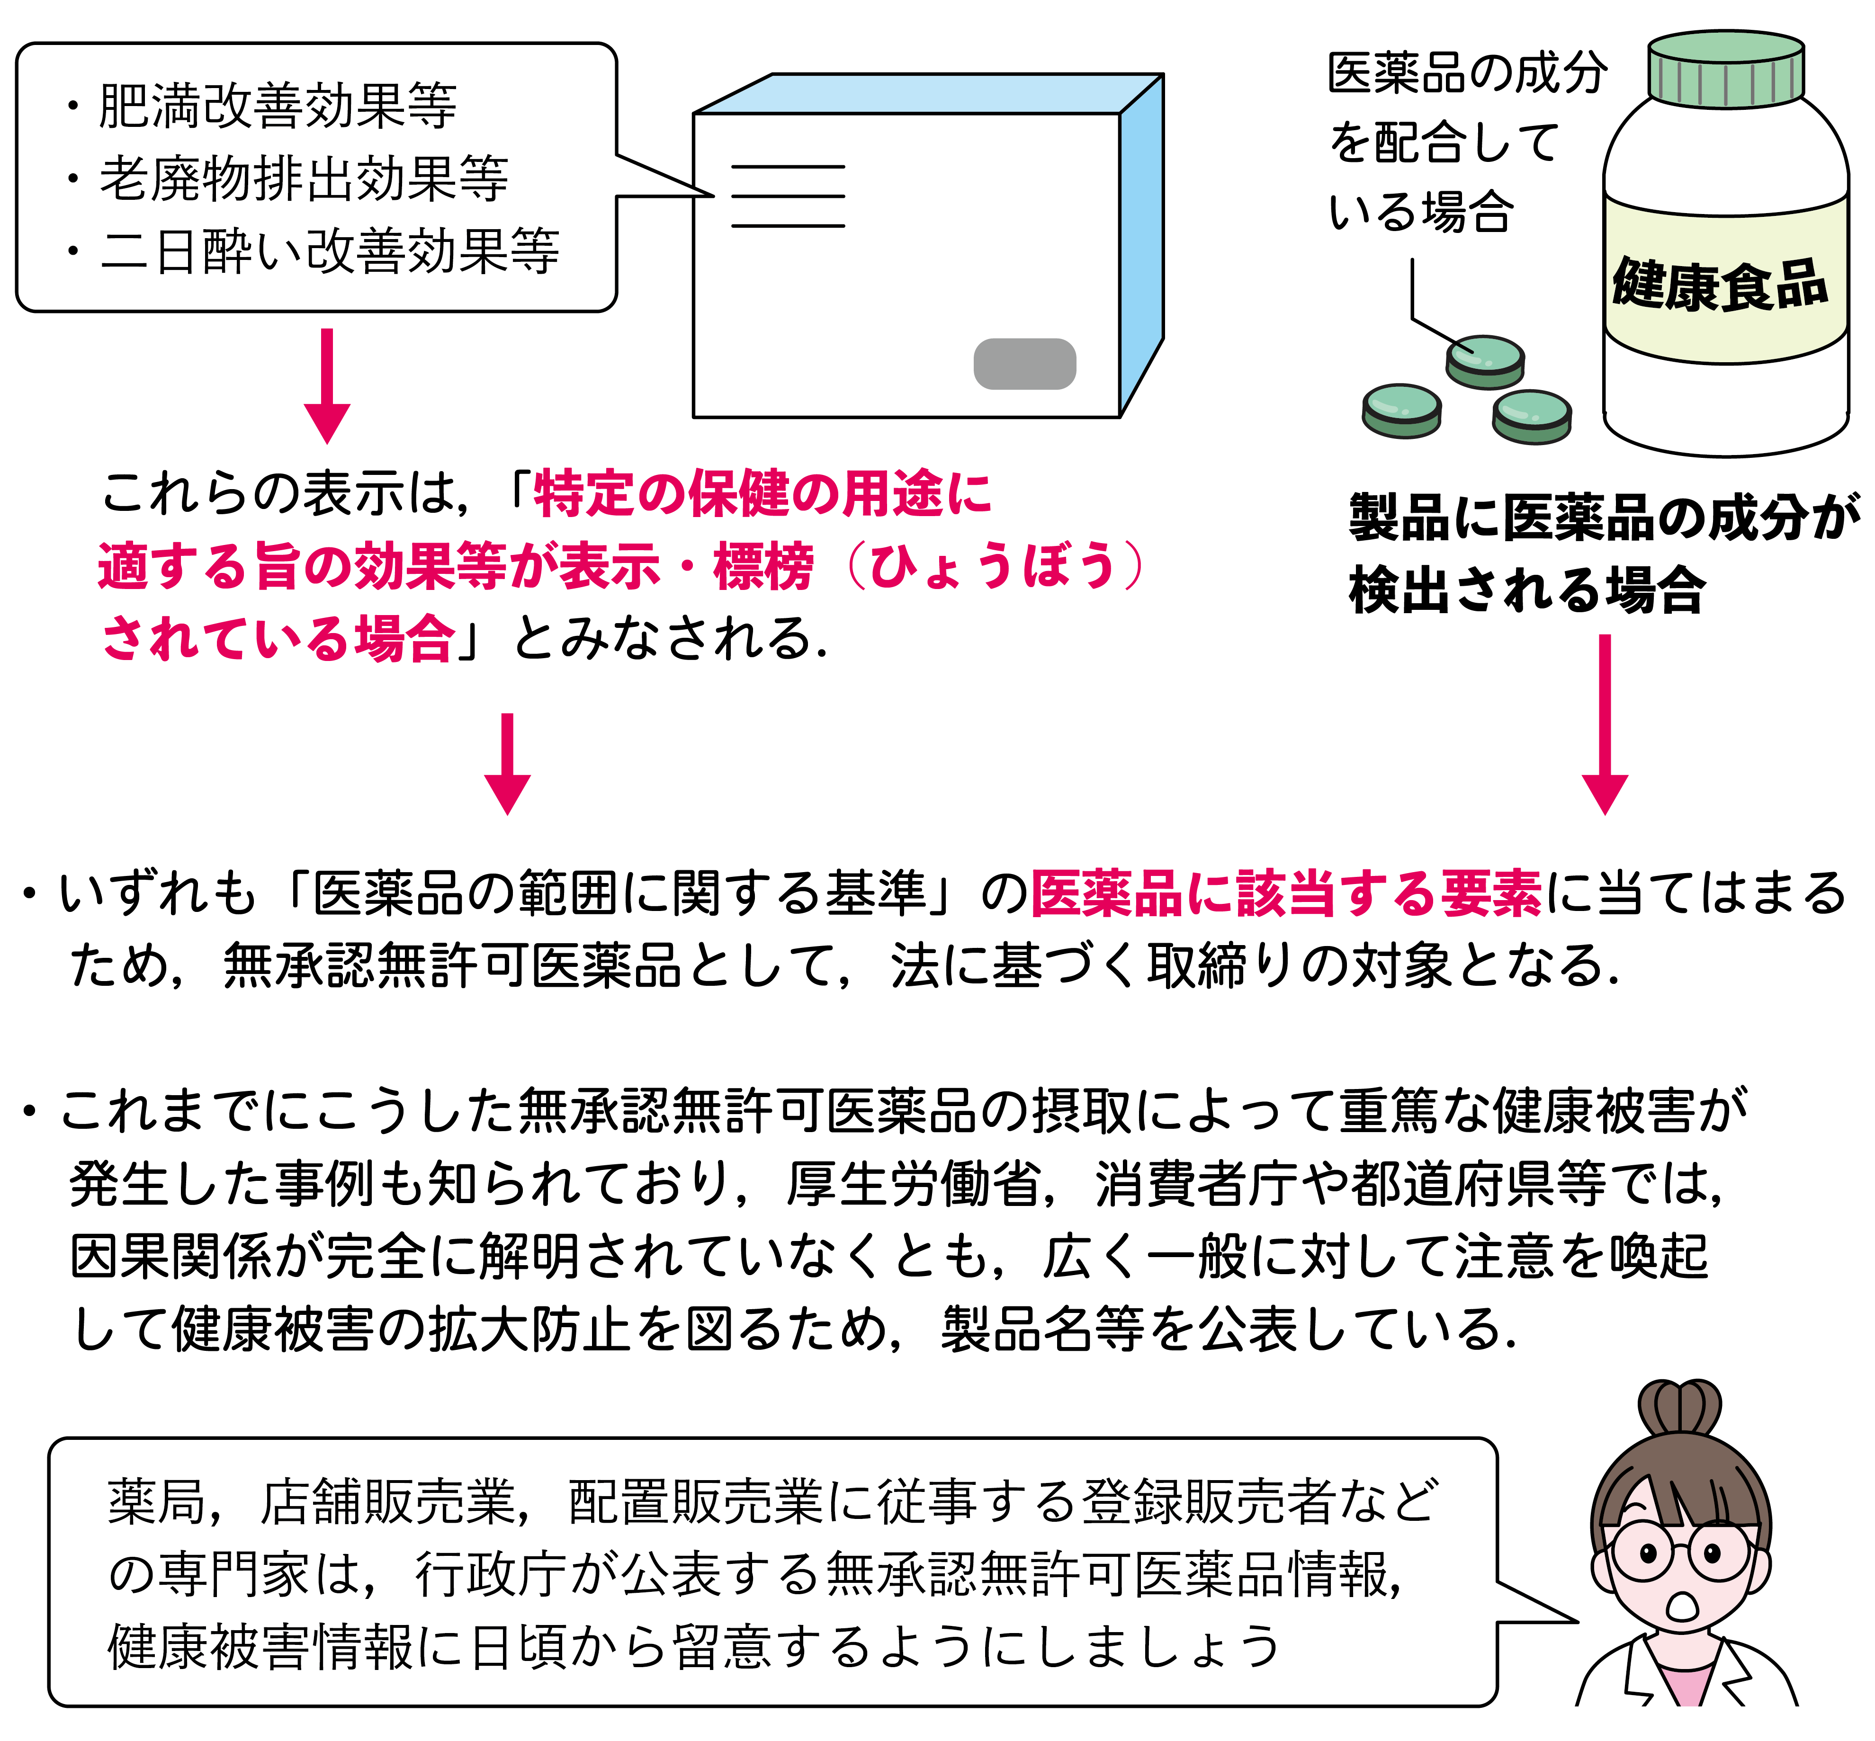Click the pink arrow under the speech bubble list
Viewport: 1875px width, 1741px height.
tap(327, 386)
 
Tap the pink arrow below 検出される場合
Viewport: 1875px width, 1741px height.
tap(1605, 724)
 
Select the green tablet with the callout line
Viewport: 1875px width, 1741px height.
tap(1485, 361)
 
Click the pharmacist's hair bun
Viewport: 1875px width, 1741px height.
tap(1680, 1408)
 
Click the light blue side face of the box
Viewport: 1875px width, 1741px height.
tap(1141, 245)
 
